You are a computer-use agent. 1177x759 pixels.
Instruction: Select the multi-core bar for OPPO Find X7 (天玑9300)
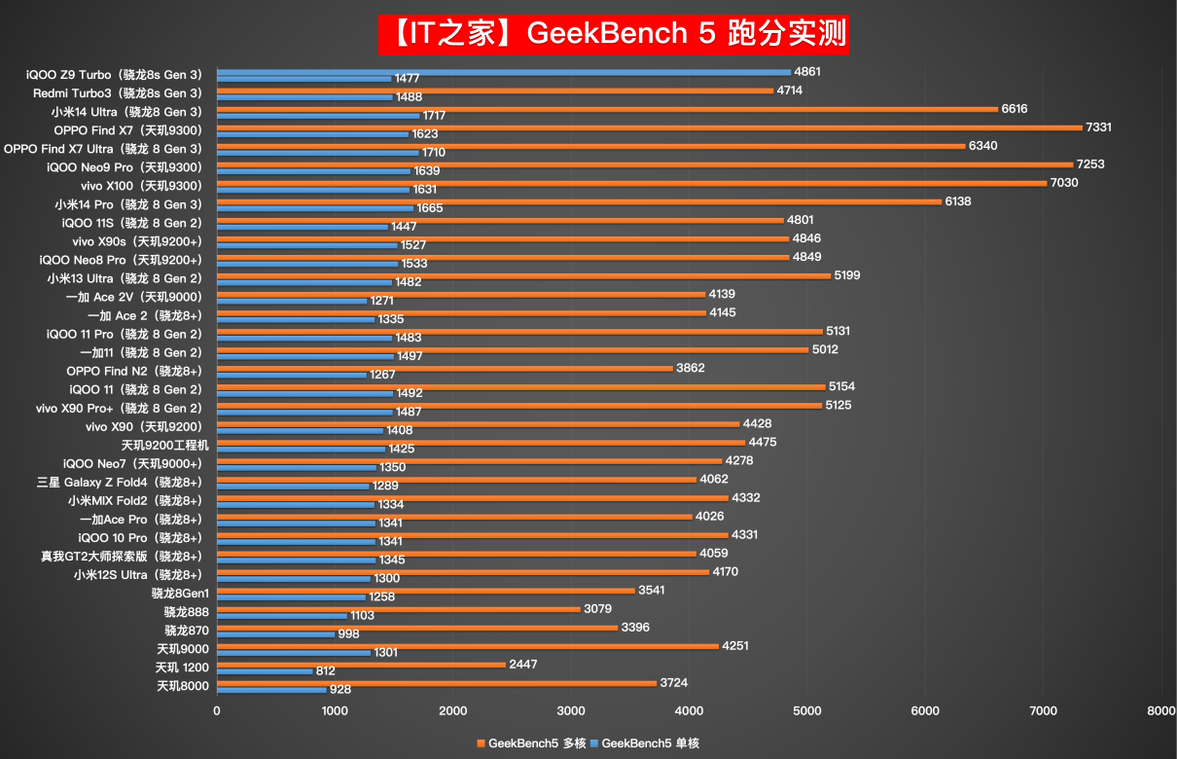tap(649, 126)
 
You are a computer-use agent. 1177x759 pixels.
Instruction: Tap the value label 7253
tap(1090, 164)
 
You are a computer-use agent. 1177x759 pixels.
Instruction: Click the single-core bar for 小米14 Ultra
tap(318, 116)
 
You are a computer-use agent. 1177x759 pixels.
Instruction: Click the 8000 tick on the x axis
tap(1160, 711)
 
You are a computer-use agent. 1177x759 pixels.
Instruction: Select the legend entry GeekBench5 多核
tap(531, 743)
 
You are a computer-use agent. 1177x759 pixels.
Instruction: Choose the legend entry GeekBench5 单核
tap(650, 743)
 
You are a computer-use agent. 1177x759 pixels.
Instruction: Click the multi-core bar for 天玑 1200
tap(361, 664)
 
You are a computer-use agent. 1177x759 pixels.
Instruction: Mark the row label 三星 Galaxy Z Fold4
tap(120, 482)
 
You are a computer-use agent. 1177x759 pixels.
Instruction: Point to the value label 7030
tap(1064, 183)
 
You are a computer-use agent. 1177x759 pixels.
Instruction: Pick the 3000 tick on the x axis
tap(571, 711)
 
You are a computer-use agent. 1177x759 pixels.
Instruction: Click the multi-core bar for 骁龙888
tap(398, 608)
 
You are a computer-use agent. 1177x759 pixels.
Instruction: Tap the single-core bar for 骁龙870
tap(275, 634)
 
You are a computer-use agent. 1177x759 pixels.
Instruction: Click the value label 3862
tap(691, 368)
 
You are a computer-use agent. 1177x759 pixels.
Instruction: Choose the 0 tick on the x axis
tap(217, 711)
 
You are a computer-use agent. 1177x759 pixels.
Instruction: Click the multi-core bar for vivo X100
tap(631, 182)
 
